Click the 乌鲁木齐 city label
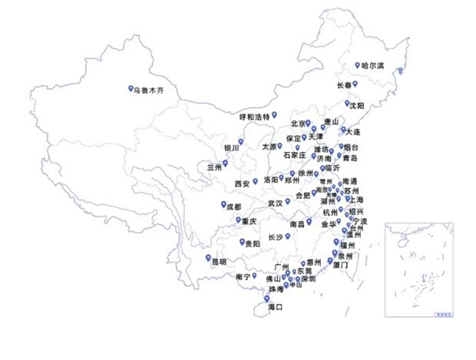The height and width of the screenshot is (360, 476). [150, 91]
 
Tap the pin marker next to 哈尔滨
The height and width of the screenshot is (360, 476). [357, 65]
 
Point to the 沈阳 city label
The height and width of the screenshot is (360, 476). [357, 105]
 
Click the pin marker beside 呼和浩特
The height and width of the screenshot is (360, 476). [274, 114]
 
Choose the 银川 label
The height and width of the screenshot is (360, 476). [231, 147]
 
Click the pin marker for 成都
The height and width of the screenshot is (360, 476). [224, 205]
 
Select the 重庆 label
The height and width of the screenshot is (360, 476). [249, 221]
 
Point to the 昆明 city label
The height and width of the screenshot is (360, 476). [219, 262]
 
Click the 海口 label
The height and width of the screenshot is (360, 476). [275, 307]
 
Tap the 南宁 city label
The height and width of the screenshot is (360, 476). [243, 276]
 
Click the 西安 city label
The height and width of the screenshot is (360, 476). [243, 183]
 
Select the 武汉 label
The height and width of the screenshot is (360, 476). [275, 203]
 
